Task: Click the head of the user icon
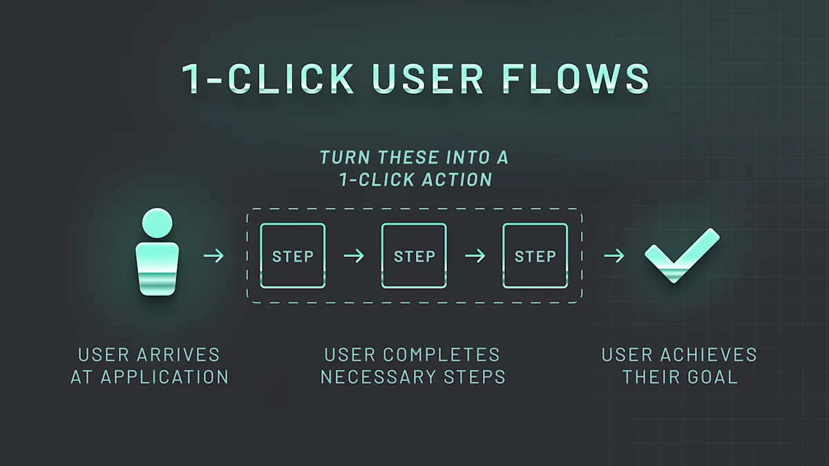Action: coord(158,223)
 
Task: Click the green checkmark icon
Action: coord(681,255)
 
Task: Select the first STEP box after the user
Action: coord(293,256)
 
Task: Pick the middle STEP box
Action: coord(414,256)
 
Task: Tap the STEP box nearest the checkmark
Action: coord(535,256)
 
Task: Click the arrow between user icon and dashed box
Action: coord(214,256)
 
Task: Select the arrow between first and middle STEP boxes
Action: coord(354,256)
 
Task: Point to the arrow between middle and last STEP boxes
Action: coord(475,256)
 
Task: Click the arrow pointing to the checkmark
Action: coord(613,256)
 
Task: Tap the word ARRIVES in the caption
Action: coord(178,356)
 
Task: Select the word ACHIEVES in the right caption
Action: coord(709,356)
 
